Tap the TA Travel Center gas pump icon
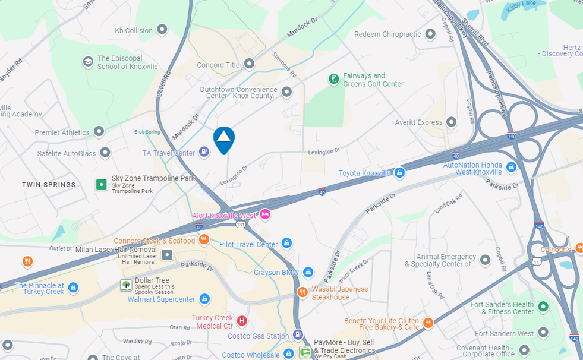pos(204,153)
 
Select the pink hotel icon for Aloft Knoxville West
pos(265,215)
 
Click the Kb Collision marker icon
pos(162,30)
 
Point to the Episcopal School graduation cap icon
pos(88,62)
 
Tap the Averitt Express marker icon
pos(452,122)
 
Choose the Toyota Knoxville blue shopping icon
pos(400,173)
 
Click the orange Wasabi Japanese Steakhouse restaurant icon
pos(302,292)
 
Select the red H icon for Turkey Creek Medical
pos(242,321)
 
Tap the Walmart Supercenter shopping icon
pos(204,299)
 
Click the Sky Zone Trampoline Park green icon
pos(102,184)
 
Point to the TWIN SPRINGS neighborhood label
pos(49,185)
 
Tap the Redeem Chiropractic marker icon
pos(430,34)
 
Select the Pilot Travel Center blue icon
pos(287,244)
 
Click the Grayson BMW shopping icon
pos(308,273)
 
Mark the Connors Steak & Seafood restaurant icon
pos(204,240)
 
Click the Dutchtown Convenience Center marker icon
pos(287,92)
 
